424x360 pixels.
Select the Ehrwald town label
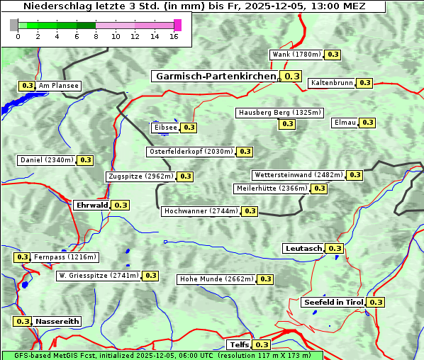[92, 205]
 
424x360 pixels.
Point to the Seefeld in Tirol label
[333, 302]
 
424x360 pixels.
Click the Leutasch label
[303, 248]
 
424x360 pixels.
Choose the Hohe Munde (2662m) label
[216, 279]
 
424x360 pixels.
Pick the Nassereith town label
[57, 321]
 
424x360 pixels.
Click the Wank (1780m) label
[297, 55]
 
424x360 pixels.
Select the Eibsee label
[164, 128]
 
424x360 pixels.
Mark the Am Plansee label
[59, 86]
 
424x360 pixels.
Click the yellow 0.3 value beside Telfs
[262, 345]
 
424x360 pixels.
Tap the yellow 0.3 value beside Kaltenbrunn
[364, 83]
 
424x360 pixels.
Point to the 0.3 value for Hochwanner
[250, 211]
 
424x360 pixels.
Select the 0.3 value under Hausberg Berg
[286, 124]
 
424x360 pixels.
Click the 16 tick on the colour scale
[174, 36]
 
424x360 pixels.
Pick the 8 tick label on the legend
[96, 36]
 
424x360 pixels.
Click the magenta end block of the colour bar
[177, 25]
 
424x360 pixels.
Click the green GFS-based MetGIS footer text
[162, 355]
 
